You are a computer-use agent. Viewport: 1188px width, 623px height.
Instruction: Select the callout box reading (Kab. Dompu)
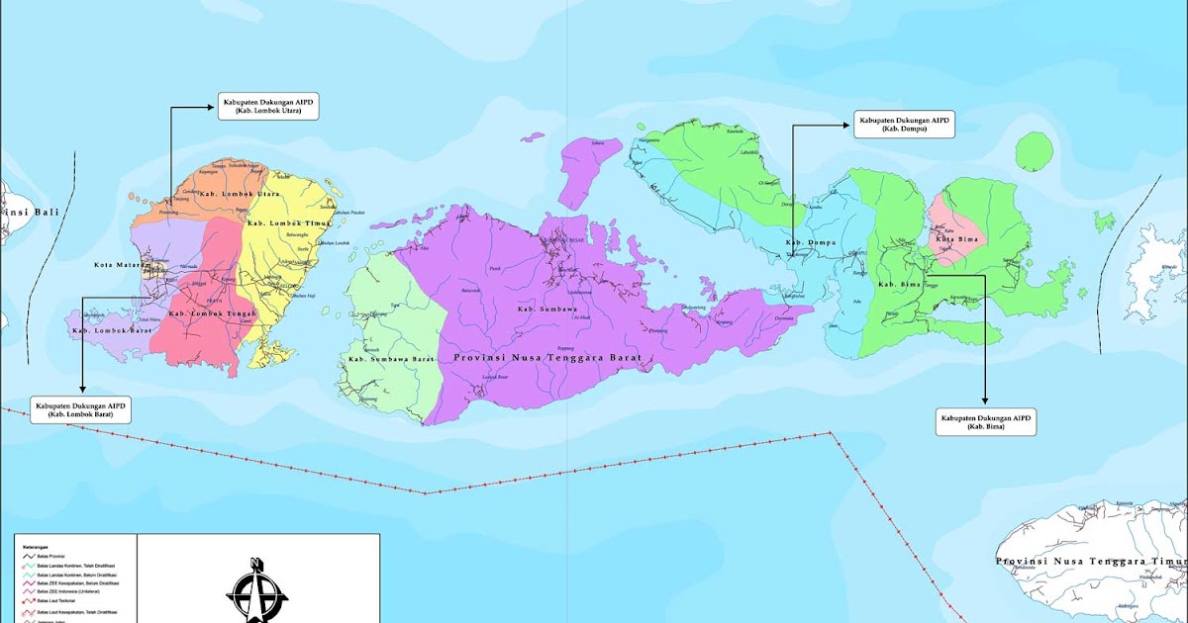[x=904, y=125]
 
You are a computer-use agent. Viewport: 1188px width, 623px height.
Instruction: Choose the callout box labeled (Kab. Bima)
[x=985, y=421]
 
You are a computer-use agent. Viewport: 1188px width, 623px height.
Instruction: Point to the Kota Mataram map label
[x=117, y=264]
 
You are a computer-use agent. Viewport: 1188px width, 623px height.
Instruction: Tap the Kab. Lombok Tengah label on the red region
[x=212, y=313]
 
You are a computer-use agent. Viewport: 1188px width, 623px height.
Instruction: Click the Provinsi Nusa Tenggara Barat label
[x=546, y=357]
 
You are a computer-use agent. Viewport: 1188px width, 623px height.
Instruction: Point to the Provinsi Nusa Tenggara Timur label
[x=1089, y=561]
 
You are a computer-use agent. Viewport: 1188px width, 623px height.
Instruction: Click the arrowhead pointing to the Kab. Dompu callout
[x=844, y=126]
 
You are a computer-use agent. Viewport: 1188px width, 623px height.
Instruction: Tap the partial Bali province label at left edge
[x=15, y=212]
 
